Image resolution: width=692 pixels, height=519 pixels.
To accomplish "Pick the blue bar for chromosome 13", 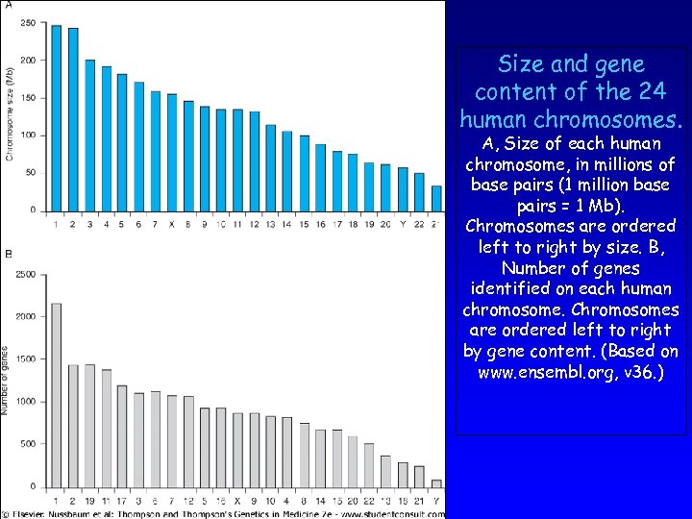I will click(271, 167).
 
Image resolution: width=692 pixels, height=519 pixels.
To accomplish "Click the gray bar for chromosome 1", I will click(56, 394).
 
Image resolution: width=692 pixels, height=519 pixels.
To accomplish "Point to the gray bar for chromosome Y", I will click(436, 483).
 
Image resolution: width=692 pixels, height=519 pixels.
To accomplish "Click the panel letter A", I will click(8, 6).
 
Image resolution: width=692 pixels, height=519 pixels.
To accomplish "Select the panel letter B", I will click(8, 254).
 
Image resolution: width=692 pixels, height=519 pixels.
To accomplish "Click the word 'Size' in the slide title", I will click(519, 64).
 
